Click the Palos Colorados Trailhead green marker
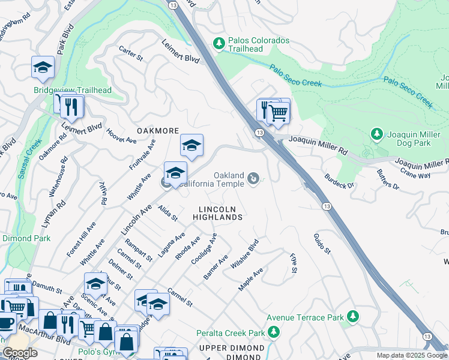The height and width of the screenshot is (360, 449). tap(219, 43)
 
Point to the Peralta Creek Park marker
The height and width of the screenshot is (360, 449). tap(274, 332)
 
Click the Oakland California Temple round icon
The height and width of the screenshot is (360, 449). tap(254, 178)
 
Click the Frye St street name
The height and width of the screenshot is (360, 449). tap(293, 263)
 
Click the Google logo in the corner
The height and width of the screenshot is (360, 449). tap(20, 353)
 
